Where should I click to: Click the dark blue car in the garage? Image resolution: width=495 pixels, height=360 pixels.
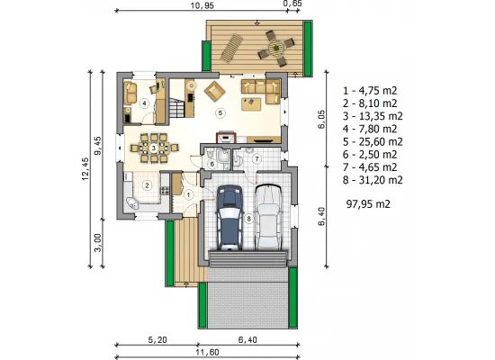(229, 218)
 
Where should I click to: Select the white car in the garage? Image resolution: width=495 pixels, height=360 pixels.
(268, 217)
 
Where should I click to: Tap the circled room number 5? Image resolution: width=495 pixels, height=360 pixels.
(220, 113)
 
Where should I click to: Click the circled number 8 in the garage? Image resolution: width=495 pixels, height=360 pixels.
(248, 219)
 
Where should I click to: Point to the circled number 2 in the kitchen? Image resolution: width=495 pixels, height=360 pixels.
(147, 185)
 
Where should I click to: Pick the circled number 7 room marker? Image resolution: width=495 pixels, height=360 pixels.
(256, 158)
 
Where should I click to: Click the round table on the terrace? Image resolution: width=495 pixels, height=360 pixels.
(276, 48)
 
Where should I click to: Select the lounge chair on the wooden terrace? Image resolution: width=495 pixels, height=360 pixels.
(231, 48)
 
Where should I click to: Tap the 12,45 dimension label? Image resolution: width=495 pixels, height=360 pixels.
(85, 169)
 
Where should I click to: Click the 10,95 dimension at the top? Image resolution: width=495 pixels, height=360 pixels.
(202, 5)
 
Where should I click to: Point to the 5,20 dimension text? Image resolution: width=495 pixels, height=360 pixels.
(157, 340)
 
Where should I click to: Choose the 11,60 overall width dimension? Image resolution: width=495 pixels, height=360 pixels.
(207, 352)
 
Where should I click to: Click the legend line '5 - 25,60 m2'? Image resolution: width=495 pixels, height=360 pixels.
(373, 141)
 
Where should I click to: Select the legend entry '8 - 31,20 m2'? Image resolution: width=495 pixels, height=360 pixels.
(373, 180)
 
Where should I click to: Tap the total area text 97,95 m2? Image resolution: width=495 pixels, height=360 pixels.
(368, 204)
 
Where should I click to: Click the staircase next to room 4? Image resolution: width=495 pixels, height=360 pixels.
(176, 107)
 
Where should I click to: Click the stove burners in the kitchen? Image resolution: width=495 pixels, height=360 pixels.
(165, 191)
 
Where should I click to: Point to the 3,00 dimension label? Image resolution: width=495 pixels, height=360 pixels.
(98, 242)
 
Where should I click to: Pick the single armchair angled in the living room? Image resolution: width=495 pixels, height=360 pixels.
(215, 92)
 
